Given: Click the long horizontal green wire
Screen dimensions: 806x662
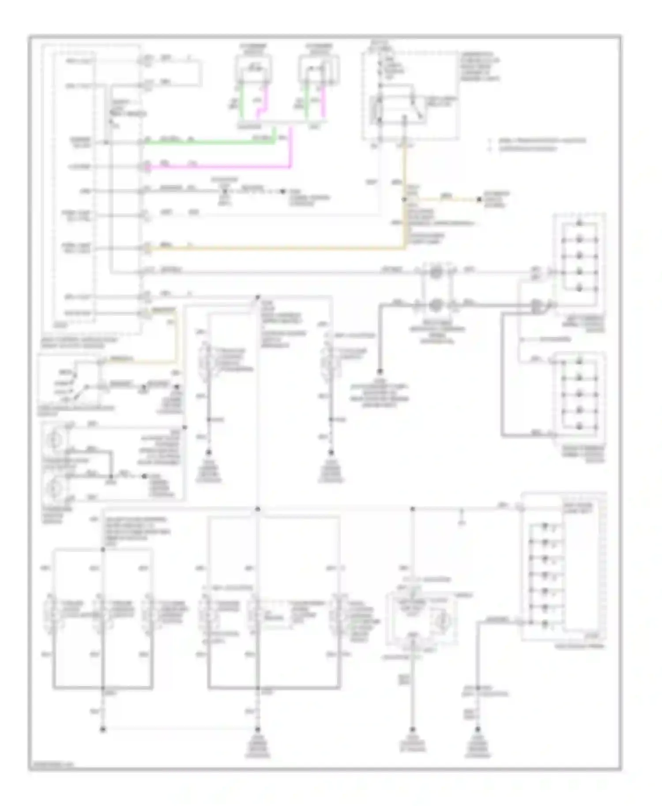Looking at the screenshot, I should pyautogui.click(x=207, y=142).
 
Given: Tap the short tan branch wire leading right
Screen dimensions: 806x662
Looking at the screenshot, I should pyautogui.click(x=441, y=200).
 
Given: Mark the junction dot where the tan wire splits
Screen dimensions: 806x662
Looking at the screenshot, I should pyautogui.click(x=404, y=200).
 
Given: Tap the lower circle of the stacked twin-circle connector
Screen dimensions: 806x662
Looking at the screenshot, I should pyautogui.click(x=436, y=304).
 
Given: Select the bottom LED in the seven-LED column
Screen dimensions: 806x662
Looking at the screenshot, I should pyautogui.click(x=545, y=624).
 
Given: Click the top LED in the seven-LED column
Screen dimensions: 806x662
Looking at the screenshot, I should pyautogui.click(x=545, y=526).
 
